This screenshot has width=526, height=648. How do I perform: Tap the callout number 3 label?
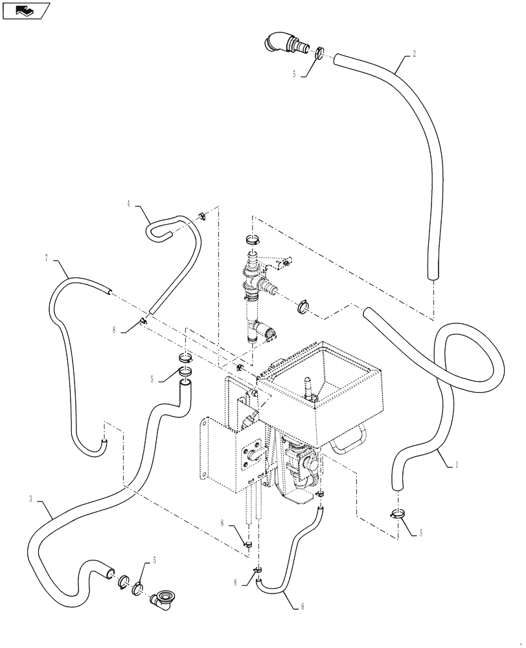[x=30, y=498]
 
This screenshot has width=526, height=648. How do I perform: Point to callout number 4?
[x=129, y=204]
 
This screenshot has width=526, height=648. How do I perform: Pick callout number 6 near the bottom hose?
[x=302, y=607]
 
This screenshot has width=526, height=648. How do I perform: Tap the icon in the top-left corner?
[x=27, y=10]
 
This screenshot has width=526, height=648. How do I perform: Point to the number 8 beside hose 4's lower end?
[x=114, y=329]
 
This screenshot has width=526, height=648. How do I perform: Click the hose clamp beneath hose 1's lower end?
[x=398, y=515]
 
